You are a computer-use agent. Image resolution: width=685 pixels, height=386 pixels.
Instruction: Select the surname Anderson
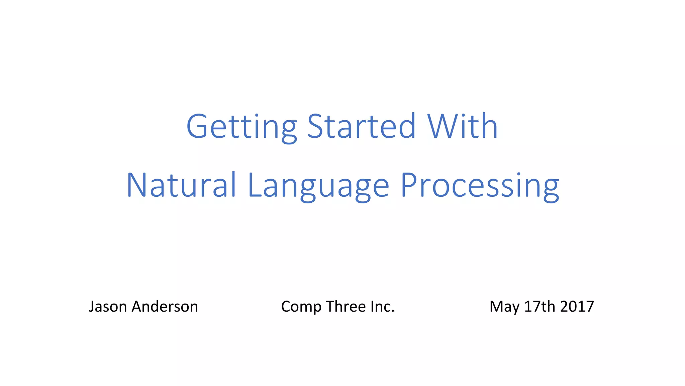[165, 306]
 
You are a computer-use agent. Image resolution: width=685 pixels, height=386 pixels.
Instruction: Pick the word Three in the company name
[346, 306]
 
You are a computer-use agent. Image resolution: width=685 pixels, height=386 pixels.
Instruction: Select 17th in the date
[540, 306]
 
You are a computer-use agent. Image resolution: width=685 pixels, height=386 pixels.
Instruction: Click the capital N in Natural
[136, 185]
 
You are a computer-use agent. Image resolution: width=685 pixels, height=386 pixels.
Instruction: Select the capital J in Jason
[91, 306]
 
